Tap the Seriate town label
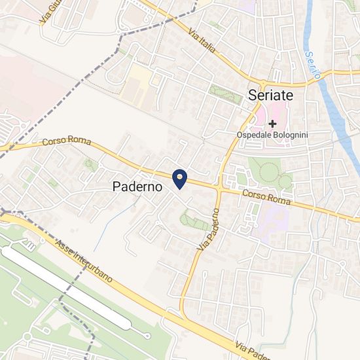[x=271, y=95]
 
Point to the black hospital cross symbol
[x=272, y=123]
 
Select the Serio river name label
[x=314, y=66]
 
